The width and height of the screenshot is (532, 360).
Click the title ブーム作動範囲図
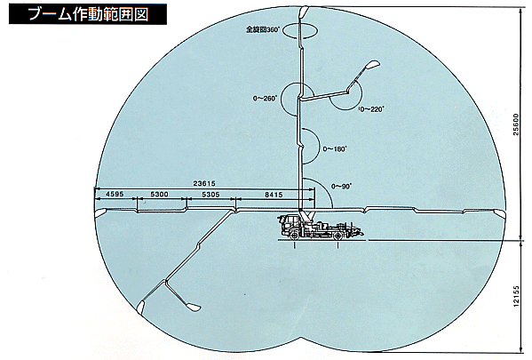88,14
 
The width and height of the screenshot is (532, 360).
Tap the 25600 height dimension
516,124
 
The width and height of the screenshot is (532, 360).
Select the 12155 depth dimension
516,296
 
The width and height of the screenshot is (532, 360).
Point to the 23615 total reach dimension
204,183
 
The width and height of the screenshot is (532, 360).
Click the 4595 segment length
115,195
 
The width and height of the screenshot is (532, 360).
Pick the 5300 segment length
160,195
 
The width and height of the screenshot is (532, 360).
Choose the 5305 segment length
210,195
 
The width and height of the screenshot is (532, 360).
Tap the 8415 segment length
274,195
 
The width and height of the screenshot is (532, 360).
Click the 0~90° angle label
341,186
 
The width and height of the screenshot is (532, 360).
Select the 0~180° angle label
334,148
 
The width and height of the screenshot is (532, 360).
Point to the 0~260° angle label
265,99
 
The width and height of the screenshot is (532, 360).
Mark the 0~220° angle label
371,109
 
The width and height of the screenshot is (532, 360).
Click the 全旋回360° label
263,30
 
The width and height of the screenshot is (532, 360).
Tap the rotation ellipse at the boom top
300,23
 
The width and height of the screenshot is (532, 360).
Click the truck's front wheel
295,235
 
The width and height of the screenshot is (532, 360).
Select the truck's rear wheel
337,235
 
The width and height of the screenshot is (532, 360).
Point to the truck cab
289,223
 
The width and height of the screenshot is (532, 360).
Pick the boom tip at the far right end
499,213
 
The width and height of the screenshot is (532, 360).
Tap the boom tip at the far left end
100,213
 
